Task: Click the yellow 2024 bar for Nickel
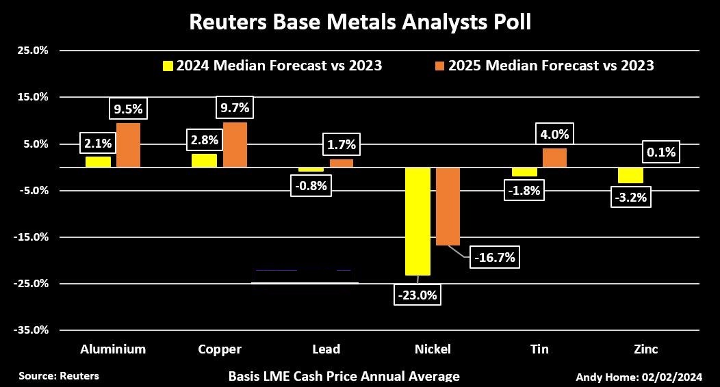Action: pos(417,221)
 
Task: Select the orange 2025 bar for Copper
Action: pos(235,145)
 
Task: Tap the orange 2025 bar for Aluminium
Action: pos(128,145)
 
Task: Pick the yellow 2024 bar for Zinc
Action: pos(630,175)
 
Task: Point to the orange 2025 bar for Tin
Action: pos(554,158)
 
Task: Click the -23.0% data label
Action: pos(417,295)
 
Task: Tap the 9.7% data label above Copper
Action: pos(235,107)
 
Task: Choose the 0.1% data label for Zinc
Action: pos(660,152)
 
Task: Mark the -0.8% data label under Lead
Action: pos(311,185)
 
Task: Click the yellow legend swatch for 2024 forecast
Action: pos(168,66)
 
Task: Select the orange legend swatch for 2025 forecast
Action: pos(440,66)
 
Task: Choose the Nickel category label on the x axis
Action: pos(433,349)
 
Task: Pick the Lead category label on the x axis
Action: pos(326,349)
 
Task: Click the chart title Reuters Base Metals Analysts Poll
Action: pos(359,23)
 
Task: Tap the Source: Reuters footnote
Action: pos(59,376)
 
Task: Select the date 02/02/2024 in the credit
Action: pos(675,377)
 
